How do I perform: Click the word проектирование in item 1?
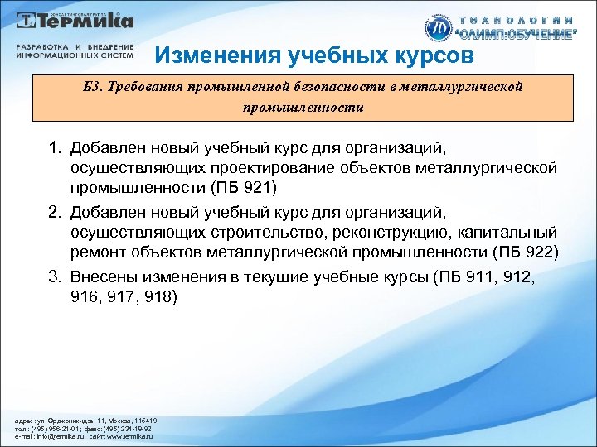point(279,170)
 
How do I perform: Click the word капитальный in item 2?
point(507,234)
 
